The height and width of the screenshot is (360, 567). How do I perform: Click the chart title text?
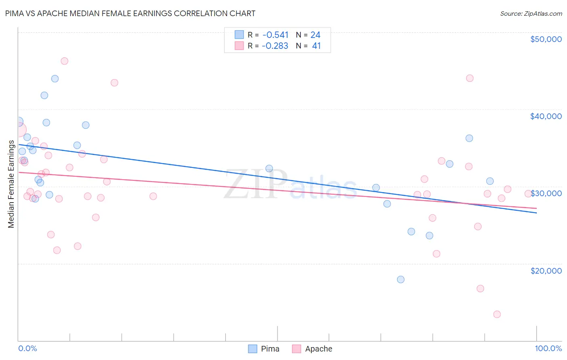click(130, 13)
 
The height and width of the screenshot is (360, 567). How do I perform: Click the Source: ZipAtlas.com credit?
click(531, 13)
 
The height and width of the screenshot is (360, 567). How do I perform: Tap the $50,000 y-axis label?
click(546, 39)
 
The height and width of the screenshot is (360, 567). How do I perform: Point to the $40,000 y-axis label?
click(546, 116)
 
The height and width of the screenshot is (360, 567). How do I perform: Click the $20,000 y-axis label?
click(546, 270)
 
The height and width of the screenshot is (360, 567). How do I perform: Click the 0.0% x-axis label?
click(27, 348)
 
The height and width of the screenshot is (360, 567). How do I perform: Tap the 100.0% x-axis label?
click(548, 348)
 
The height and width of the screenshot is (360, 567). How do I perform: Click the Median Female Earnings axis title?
click(11, 184)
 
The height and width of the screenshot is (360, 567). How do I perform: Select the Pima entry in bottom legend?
click(270, 349)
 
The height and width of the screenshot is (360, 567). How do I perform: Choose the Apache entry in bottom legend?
click(318, 349)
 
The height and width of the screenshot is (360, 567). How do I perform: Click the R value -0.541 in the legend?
click(275, 35)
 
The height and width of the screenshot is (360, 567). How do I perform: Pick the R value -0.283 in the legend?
click(275, 46)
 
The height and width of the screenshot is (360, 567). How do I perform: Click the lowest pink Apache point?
click(497, 314)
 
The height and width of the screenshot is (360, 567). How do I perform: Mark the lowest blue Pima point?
click(400, 279)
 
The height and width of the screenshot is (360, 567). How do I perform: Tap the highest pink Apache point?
click(65, 61)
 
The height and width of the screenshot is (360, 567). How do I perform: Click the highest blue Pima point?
click(55, 79)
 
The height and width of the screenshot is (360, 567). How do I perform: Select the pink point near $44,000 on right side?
click(470, 78)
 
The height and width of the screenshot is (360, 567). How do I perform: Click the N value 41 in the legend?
click(316, 46)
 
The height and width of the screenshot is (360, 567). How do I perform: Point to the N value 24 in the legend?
click(315, 35)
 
